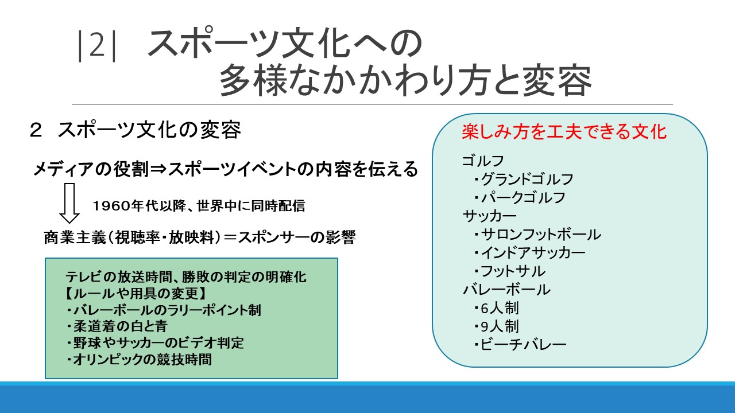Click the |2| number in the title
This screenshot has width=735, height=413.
pos(97,46)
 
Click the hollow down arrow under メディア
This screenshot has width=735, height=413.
pos(69,203)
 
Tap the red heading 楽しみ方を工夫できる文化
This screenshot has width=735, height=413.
pos(564,132)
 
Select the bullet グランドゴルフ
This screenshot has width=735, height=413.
pos(524,179)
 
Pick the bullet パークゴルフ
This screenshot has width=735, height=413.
pos(520,197)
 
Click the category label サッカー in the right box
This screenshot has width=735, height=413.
pos(490,216)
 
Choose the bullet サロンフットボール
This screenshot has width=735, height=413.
pos(537,235)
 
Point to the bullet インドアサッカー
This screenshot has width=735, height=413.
pos(529,253)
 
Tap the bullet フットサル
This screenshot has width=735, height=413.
pos(509,271)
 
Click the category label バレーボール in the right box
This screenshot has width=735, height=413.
pos(506,290)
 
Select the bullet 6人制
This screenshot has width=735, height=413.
pos(497,308)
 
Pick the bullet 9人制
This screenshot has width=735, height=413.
pos(497,326)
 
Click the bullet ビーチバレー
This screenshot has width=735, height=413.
pos(520,345)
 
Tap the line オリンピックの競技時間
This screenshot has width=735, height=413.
pos(139,360)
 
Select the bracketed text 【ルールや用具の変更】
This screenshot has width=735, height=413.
pos(137,293)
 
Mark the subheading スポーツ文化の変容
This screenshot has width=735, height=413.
pos(149,130)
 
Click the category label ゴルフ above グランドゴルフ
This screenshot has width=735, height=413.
pos(483,161)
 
